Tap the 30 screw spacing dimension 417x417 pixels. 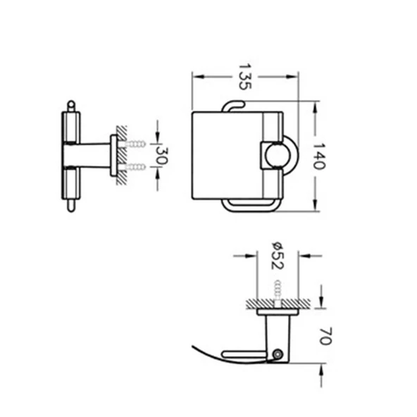[161, 155]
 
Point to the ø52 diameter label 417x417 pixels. [275, 253]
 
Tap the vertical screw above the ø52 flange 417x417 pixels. [276, 290]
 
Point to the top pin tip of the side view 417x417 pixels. [70, 105]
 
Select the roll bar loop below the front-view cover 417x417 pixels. [250, 206]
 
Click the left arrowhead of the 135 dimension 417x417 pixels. [196, 77]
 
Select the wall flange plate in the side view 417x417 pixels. [114, 155]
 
